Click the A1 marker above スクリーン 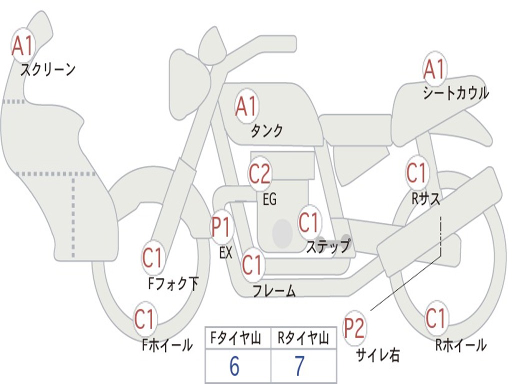tap(23, 45)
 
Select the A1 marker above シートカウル tap(434, 69)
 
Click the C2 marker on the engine tap(260, 173)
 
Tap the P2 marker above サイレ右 tap(354, 328)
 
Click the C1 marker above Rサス tap(416, 173)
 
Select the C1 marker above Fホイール tap(145, 319)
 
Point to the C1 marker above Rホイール tap(436, 318)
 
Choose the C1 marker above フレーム tap(252, 264)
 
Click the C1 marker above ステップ tap(309, 222)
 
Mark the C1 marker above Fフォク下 tap(152, 258)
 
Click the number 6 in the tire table tap(234, 366)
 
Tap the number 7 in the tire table tap(299, 366)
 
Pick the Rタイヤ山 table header tap(303, 339)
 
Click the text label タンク tap(266, 131)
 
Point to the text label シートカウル tap(455, 93)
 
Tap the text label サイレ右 tap(377, 355)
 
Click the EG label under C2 tap(269, 200)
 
